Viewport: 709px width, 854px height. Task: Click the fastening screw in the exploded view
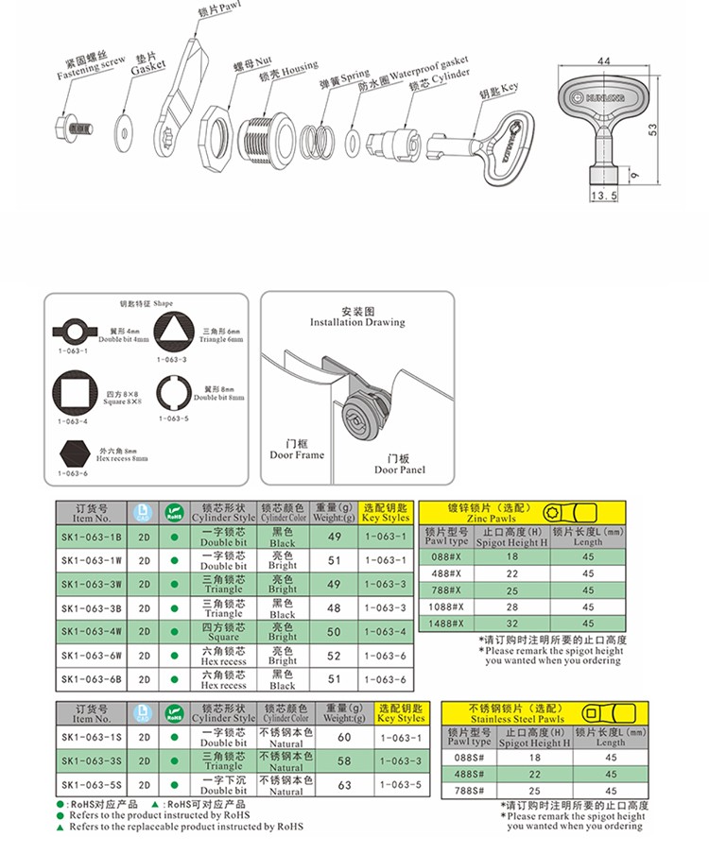[77, 127]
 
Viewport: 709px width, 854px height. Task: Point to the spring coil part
[318, 142]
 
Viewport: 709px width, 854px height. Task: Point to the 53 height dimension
[651, 128]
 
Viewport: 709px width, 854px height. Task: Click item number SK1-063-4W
[92, 631]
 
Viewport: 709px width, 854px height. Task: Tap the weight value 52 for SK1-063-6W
[333, 656]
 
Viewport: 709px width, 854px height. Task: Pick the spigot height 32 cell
[511, 623]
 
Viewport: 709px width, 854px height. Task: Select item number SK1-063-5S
[92, 784]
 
